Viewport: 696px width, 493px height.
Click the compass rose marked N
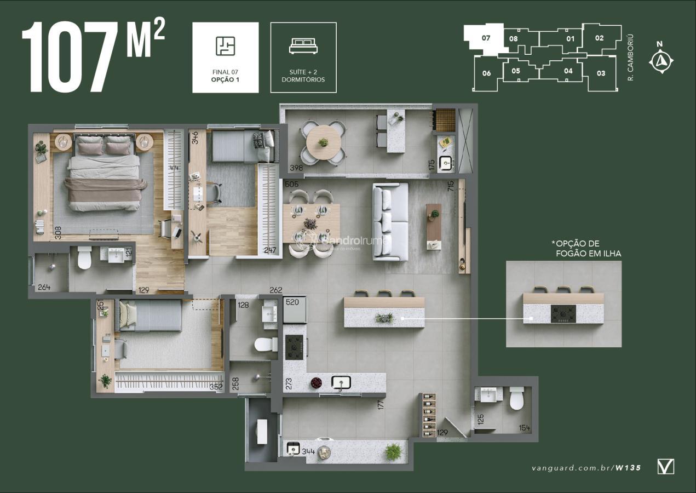[661, 60]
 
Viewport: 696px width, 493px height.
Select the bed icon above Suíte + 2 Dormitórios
[303, 47]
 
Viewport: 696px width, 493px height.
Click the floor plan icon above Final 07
[225, 47]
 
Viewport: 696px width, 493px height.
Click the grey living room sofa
[390, 222]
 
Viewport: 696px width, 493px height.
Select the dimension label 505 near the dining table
[292, 185]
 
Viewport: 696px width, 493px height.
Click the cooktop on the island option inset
[563, 314]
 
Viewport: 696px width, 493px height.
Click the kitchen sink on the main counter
[341, 382]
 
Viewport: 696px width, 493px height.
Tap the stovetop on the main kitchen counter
[294, 347]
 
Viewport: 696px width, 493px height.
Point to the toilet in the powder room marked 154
[517, 398]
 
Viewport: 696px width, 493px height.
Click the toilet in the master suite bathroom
[84, 257]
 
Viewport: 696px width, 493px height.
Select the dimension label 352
[216, 387]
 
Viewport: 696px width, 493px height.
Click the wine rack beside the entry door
[429, 415]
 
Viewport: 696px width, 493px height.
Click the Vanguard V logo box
[665, 467]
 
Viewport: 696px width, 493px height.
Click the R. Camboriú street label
[630, 58]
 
